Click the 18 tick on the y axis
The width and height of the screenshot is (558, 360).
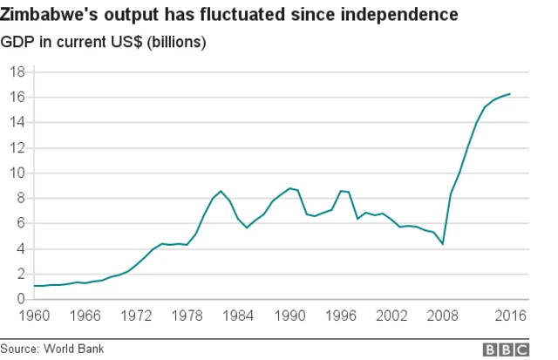tap(17, 71)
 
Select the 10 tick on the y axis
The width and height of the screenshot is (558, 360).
tap(17, 173)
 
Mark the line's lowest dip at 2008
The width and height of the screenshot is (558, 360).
tap(443, 244)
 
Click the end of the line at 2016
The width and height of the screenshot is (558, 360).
tap(510, 93)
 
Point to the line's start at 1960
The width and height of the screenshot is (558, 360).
tap(34, 286)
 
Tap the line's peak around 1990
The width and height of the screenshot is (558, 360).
tap(289, 188)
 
